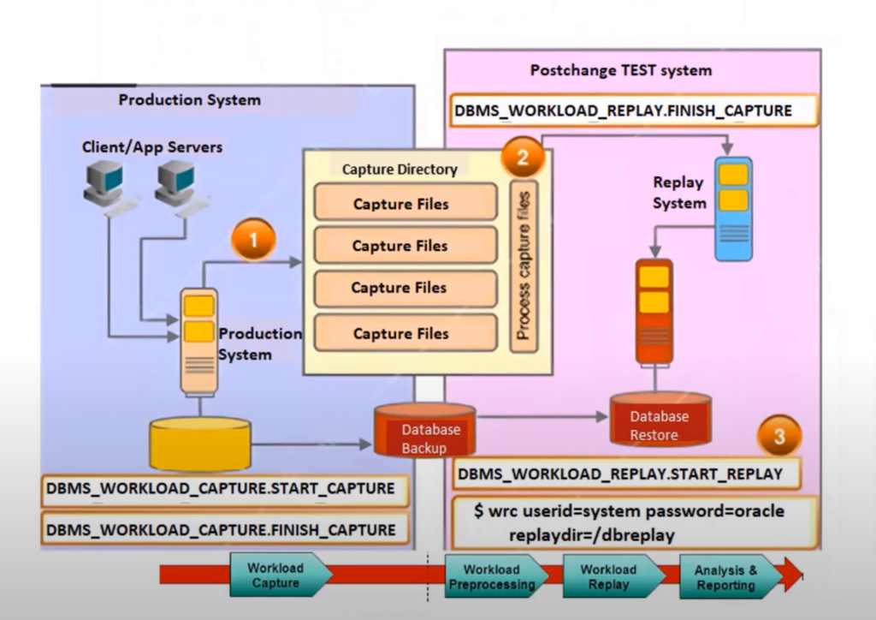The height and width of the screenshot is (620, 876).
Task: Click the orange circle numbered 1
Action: coord(253,240)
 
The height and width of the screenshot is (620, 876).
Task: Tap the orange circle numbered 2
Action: coord(523,157)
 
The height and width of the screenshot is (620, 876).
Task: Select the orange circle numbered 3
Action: coord(779,436)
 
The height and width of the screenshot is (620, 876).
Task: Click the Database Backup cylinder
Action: coord(424,430)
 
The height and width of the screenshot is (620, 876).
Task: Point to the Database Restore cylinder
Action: coord(660,419)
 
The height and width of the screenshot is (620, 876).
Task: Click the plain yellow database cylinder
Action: coord(200,444)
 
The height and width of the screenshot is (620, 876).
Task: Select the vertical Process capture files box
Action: coord(524,266)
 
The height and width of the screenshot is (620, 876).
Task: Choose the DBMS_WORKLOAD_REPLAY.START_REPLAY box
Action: coord(625,474)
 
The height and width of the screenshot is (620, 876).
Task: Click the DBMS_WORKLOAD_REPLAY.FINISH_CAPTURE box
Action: coord(634,110)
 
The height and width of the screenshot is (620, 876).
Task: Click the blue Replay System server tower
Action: coord(733,209)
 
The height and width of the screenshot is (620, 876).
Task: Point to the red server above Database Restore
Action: coord(654,312)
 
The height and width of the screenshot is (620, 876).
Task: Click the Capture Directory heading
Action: coord(400,170)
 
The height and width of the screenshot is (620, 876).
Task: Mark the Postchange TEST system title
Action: coord(621,70)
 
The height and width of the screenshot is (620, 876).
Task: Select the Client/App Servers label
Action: coord(152,147)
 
